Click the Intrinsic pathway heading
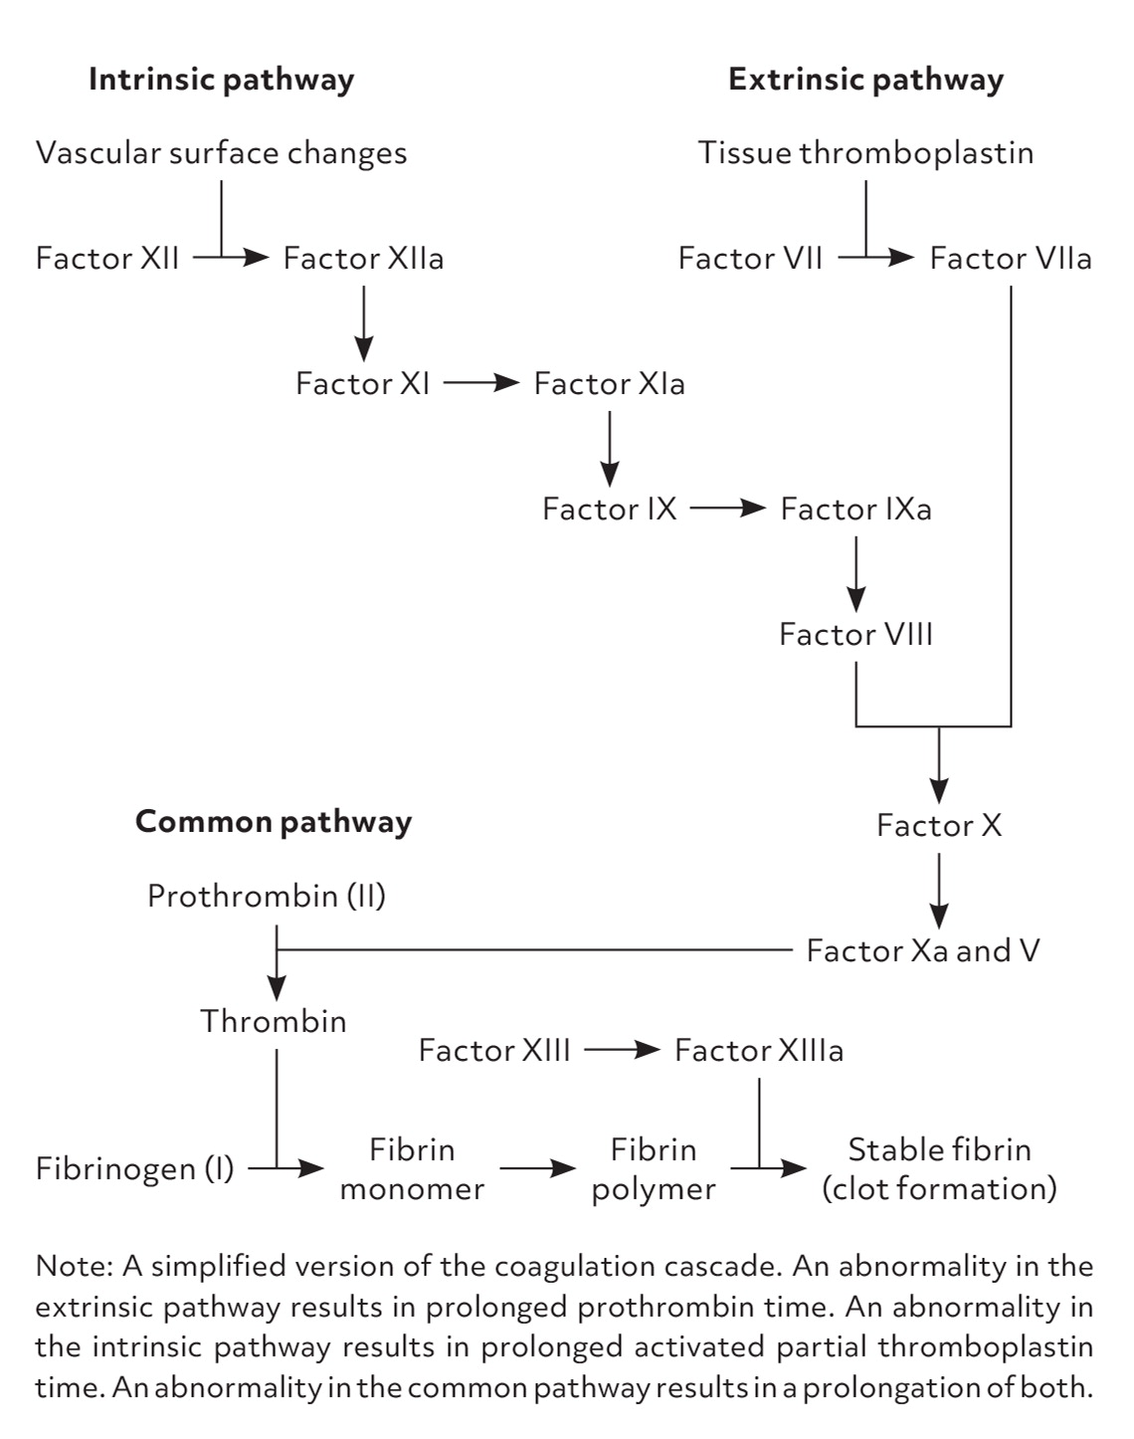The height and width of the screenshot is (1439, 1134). tap(221, 80)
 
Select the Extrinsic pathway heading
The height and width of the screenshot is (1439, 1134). tap(865, 80)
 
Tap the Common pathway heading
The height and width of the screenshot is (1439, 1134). tap(274, 822)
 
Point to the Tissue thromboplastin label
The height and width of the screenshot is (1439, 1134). tap(865, 153)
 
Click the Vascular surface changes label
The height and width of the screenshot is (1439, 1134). tap(221, 153)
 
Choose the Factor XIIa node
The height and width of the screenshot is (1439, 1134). tap(363, 259)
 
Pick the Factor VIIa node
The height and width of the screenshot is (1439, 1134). tap(1010, 259)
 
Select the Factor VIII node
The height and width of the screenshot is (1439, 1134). tap(855, 635)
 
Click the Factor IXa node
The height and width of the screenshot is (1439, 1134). tap(855, 510)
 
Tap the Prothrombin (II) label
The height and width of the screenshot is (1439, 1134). tap(267, 897)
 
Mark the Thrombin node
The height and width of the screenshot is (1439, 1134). tap(274, 1022)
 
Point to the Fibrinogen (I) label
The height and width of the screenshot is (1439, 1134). tap(134, 1168)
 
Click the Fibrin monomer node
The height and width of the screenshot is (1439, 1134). tap(412, 1169)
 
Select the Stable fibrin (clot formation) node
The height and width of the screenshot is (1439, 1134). tap(939, 1169)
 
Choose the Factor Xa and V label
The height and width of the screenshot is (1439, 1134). tap(922, 951)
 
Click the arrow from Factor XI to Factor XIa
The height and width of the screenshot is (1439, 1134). tap(481, 383)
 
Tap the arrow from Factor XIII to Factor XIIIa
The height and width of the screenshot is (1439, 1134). tap(622, 1050)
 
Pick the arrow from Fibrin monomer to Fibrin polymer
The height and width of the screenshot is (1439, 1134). tap(537, 1169)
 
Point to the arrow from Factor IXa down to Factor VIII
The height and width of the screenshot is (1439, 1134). tap(855, 573)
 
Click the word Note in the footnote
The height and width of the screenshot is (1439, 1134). tap(75, 1267)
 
